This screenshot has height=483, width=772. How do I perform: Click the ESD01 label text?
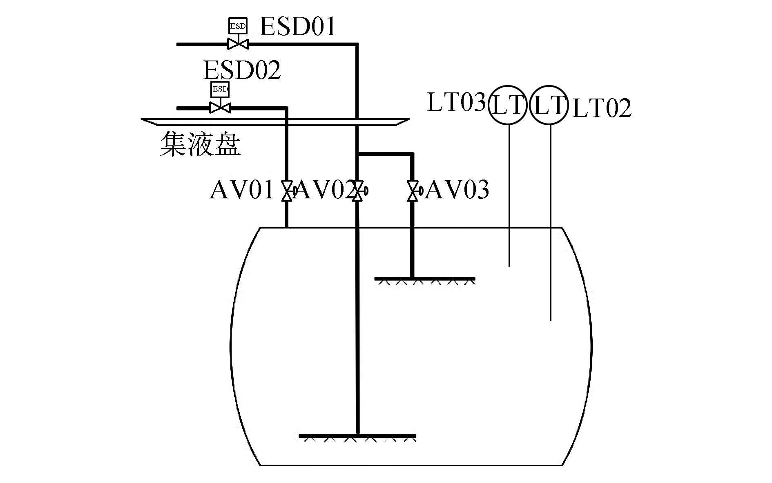(x=297, y=27)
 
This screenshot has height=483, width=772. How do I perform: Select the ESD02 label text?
(x=242, y=70)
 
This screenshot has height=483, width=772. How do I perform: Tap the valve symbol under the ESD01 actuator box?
(x=238, y=43)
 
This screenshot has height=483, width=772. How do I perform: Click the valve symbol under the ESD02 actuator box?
(x=220, y=108)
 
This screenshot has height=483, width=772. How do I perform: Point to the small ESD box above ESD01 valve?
(x=238, y=25)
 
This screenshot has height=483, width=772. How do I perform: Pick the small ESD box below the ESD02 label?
(x=220, y=89)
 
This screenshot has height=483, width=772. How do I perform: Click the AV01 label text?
(x=241, y=190)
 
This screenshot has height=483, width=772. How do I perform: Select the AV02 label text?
(x=324, y=190)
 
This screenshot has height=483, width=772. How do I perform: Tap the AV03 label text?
(x=457, y=190)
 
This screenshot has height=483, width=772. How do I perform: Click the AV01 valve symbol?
(x=287, y=191)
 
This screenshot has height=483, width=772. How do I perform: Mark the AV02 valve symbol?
(x=358, y=191)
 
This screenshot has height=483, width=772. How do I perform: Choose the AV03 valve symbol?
(x=413, y=191)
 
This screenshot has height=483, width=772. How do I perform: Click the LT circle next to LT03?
(x=508, y=105)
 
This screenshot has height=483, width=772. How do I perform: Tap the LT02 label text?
(x=602, y=108)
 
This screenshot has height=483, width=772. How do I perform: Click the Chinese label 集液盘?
(x=200, y=144)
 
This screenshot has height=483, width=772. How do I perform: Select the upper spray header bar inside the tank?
(x=425, y=279)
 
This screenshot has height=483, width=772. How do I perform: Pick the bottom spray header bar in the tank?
(x=357, y=436)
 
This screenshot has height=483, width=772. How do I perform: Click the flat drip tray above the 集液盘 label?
(x=274, y=121)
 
